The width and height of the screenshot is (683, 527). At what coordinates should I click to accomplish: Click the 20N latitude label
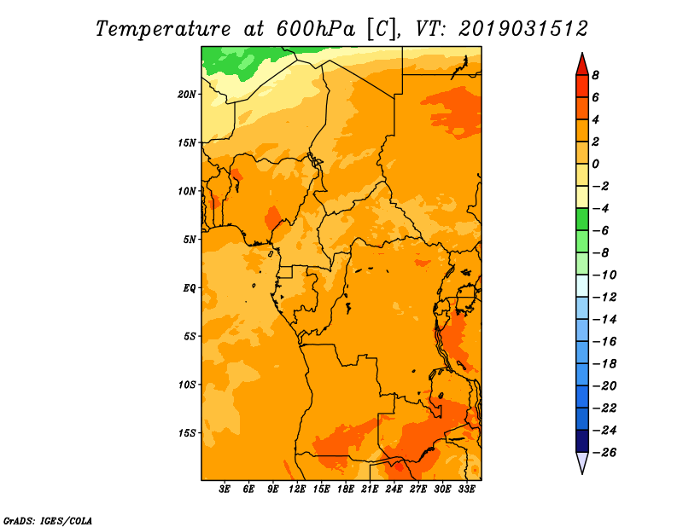[187, 95]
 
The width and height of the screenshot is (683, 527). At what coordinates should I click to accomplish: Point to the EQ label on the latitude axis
[190, 288]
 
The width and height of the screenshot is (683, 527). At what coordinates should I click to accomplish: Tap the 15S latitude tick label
[187, 433]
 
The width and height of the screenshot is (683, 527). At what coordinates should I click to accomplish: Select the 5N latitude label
[190, 240]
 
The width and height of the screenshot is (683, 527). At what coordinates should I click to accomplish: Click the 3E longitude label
[225, 489]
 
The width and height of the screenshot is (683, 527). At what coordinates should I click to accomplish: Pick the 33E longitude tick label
[466, 489]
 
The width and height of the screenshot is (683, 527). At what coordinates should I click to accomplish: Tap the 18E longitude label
[346, 489]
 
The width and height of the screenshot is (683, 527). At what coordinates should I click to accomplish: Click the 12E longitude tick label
[297, 489]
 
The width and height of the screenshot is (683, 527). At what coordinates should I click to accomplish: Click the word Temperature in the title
[163, 30]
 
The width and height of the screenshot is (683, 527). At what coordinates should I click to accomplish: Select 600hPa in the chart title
[316, 29]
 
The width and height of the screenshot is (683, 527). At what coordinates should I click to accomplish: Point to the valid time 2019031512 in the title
[523, 29]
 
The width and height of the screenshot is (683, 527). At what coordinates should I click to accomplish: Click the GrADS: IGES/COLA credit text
[48, 520]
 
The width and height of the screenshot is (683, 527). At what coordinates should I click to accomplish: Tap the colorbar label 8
[595, 75]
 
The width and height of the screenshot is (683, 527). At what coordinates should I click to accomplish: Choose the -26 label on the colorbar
[604, 453]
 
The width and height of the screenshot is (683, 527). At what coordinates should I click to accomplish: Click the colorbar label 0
[595, 164]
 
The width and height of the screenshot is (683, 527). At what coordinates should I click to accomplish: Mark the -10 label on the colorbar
[604, 275]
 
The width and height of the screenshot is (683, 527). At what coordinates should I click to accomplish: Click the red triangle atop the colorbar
[582, 67]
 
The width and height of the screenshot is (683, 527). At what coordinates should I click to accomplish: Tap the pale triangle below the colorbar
[582, 460]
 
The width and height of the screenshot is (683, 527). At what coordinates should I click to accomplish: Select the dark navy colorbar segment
[582, 441]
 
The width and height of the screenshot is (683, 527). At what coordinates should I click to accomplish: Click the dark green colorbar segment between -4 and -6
[582, 219]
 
